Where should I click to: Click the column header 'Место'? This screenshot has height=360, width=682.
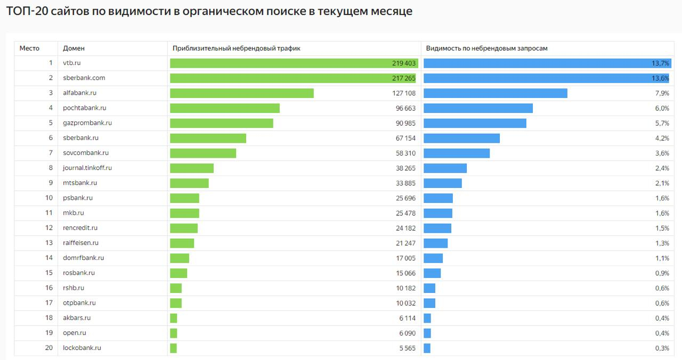[x=29, y=48]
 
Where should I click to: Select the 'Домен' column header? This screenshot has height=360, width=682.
[x=74, y=48]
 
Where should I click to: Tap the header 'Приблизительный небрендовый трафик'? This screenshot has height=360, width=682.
[x=236, y=48]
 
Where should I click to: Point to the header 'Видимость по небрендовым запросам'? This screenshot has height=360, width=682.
[x=486, y=48]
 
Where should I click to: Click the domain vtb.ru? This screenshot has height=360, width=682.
[x=71, y=63]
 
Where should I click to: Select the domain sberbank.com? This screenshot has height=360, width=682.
[x=84, y=78]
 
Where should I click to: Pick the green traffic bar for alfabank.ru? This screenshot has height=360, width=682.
[x=241, y=93]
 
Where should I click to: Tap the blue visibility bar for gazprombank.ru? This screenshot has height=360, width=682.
[x=475, y=123]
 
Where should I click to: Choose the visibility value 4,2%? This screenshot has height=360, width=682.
[x=662, y=138]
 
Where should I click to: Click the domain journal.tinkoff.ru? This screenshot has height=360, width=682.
[x=87, y=168]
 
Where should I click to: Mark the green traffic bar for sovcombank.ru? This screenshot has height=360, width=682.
[x=203, y=153]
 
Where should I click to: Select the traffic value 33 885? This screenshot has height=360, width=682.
[x=405, y=183]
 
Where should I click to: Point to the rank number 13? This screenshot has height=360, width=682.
[x=49, y=243]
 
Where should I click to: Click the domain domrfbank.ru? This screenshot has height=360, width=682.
[x=83, y=258]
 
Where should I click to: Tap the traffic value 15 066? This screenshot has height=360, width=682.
[x=405, y=273]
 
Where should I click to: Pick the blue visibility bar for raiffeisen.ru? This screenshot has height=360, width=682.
[x=435, y=243]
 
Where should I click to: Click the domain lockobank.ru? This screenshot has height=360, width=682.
[x=82, y=348]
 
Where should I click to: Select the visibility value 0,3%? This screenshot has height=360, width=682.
[x=662, y=348]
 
